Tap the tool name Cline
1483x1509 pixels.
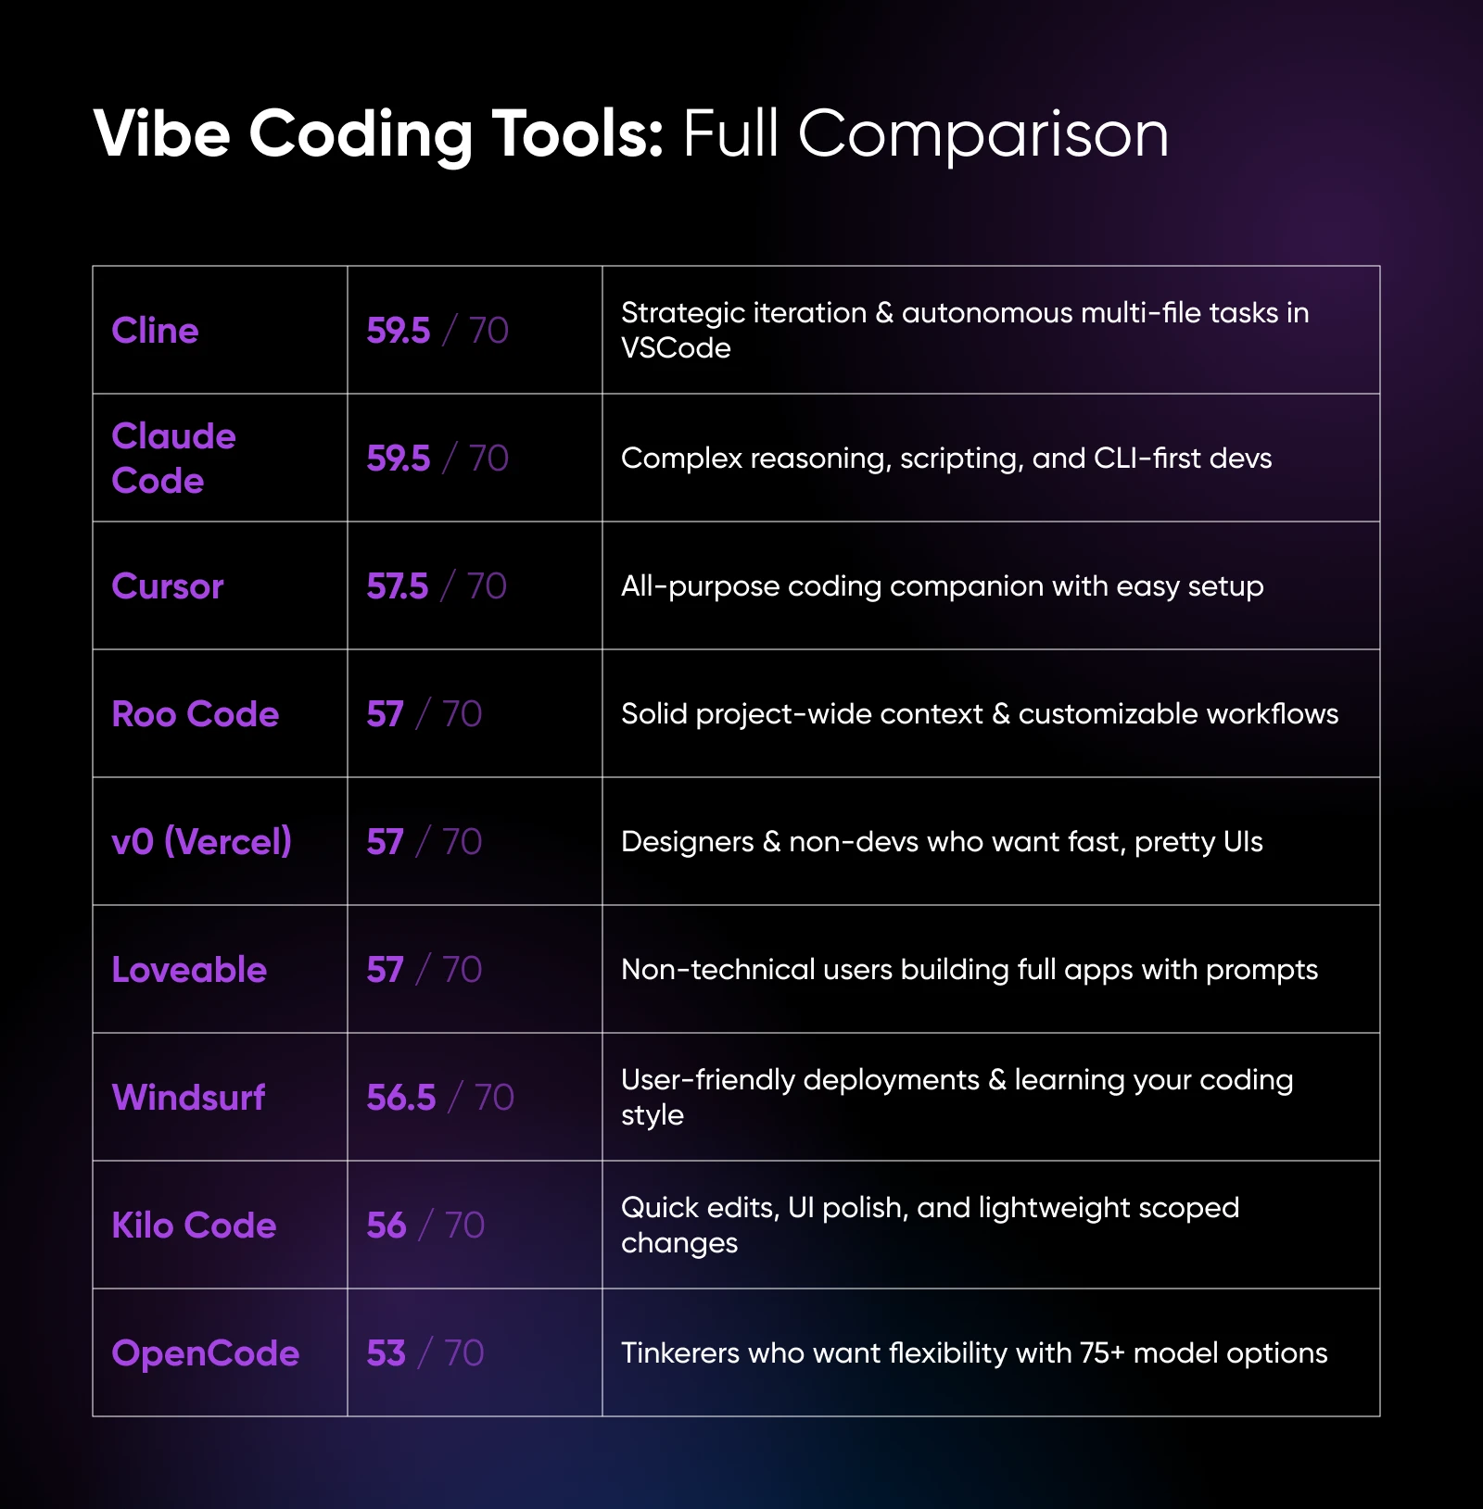tap(155, 331)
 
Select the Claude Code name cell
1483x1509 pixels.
tap(173, 458)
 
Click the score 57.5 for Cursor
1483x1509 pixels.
tap(398, 586)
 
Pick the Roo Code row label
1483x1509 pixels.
tap(195, 714)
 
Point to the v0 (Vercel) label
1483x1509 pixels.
tap(201, 842)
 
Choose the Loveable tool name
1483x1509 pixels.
tap(189, 970)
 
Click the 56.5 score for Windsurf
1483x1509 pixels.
tap(400, 1098)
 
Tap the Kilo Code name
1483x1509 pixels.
tap(194, 1226)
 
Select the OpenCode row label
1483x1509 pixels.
tap(205, 1353)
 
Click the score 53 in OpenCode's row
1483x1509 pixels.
tap(386, 1353)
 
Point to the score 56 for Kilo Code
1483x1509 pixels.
tap(386, 1226)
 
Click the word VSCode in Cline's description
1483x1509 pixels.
tap(676, 348)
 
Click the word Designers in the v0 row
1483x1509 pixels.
tap(687, 842)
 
